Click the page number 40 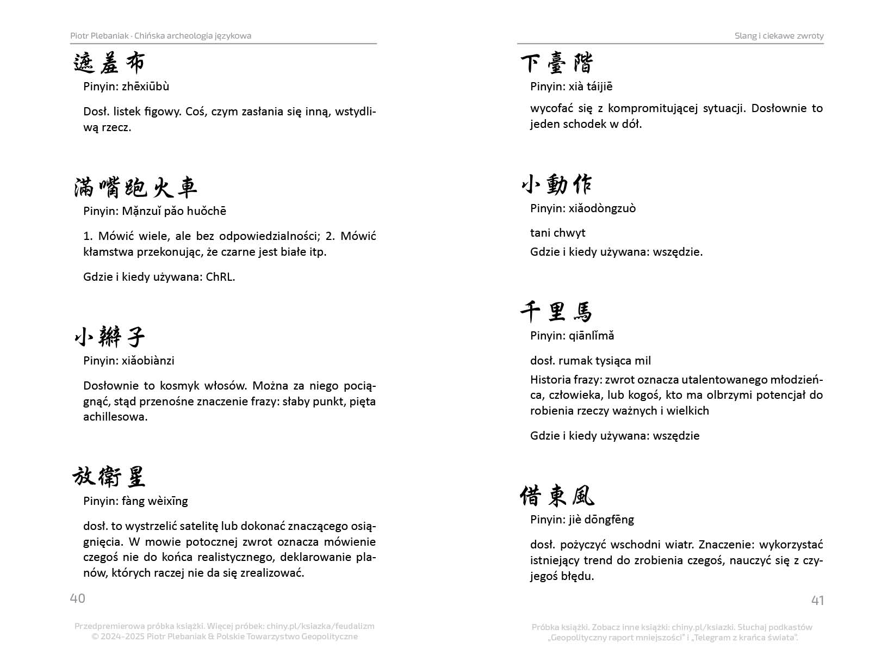coord(78,598)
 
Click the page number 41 coord(817,600)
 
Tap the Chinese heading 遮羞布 coord(109,63)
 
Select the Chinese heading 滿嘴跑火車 coord(135,188)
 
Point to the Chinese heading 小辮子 coord(109,337)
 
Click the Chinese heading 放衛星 coord(109,477)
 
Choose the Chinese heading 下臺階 coord(556,63)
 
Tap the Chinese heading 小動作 coord(556,185)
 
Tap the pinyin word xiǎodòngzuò coord(602,208)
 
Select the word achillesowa coord(115,417)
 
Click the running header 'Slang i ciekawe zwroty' coord(779,36)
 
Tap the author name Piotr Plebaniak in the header coord(100,36)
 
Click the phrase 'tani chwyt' coord(557,233)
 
